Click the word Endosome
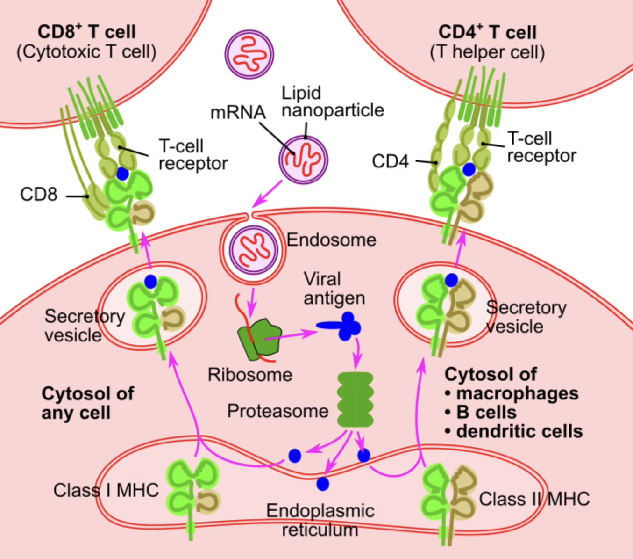click(x=331, y=240)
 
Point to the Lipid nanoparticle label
click(x=333, y=102)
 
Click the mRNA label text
click(x=238, y=112)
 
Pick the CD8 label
click(x=39, y=194)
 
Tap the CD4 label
click(x=390, y=161)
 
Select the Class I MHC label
click(x=106, y=490)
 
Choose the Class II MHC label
click(x=534, y=499)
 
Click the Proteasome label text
click(x=277, y=411)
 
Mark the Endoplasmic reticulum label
click(x=320, y=520)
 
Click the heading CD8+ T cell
click(x=86, y=32)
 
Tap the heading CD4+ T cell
click(x=487, y=32)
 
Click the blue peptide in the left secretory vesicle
click(x=150, y=282)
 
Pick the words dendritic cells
click(x=519, y=431)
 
